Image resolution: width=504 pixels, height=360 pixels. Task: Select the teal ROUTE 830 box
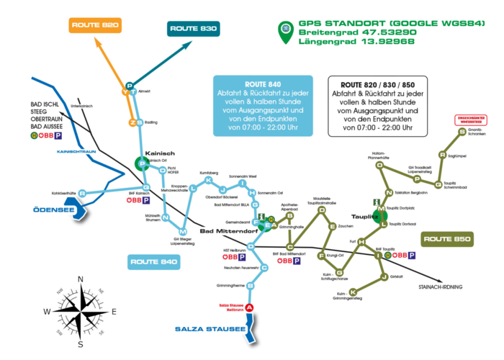point(194,29)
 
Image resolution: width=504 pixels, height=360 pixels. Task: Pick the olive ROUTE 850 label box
point(447,238)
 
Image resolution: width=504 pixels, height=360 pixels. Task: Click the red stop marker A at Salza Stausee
point(249,308)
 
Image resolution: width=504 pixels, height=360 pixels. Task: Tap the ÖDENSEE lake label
point(53,210)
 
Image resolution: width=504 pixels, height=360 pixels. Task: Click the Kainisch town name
point(156,153)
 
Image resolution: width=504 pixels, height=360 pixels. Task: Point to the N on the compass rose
point(81,280)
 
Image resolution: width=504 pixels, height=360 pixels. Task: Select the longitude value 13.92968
point(388,42)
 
